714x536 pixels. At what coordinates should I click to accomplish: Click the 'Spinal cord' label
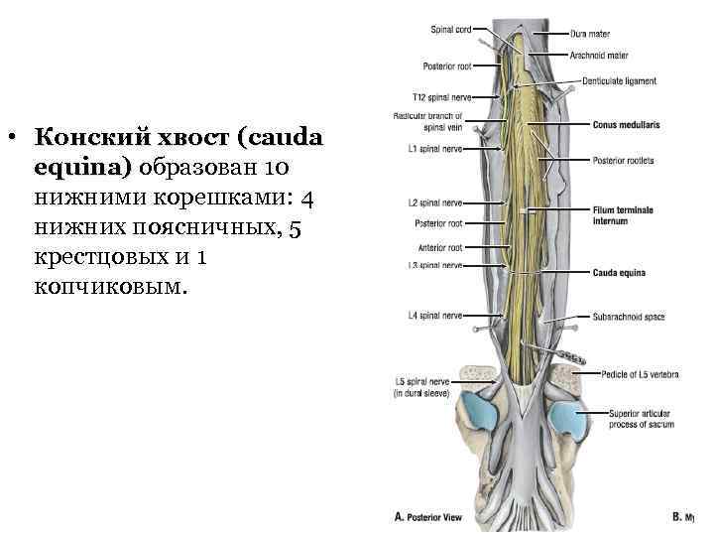click(x=450, y=31)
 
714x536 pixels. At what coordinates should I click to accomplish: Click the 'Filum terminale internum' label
click(x=623, y=214)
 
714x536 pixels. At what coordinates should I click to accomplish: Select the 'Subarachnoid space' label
click(x=629, y=318)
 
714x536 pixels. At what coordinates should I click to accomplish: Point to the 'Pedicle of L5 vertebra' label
click(x=640, y=375)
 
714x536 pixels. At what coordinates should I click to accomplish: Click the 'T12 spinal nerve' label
click(x=441, y=97)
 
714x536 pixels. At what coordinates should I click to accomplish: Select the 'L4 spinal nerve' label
click(x=434, y=316)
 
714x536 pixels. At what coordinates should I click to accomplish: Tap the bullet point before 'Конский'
click(x=12, y=136)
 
